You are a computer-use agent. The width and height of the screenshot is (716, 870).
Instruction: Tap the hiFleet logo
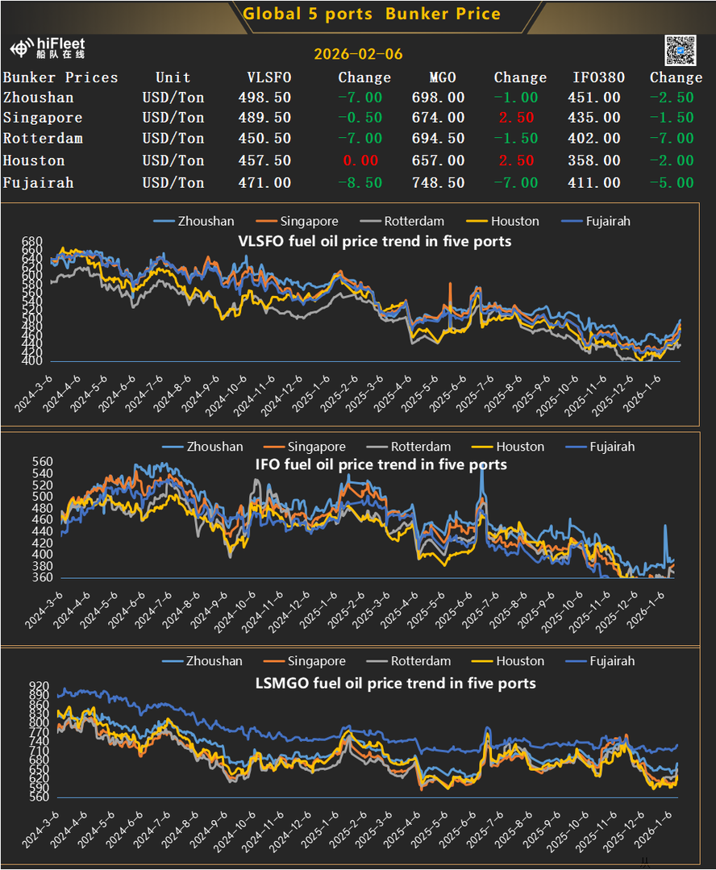point(48,48)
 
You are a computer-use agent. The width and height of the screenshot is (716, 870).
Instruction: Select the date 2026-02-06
point(357,55)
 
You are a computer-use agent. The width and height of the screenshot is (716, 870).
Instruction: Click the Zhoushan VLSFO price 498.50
point(264,98)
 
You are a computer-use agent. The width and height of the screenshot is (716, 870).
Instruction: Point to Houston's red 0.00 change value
point(361,160)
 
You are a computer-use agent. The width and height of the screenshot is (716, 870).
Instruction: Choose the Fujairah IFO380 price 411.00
point(594,183)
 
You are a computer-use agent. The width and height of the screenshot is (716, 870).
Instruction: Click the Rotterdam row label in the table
point(43,138)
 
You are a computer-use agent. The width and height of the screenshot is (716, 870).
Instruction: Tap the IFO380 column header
point(597,77)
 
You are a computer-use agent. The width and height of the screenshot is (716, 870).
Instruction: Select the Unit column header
point(173,77)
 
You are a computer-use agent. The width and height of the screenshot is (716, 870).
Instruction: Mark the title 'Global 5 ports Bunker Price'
point(372,15)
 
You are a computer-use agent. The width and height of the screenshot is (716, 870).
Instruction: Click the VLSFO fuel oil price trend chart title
point(374,240)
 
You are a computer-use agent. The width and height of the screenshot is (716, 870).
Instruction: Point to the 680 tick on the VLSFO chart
point(32,242)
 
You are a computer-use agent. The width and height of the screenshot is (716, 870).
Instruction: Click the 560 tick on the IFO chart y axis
point(42,463)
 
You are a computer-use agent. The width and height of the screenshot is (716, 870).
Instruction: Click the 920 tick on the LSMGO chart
point(39,685)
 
